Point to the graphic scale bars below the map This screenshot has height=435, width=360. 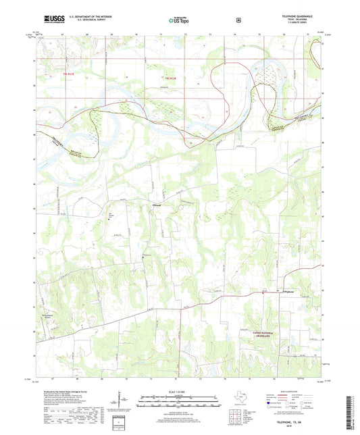[179, 403]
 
